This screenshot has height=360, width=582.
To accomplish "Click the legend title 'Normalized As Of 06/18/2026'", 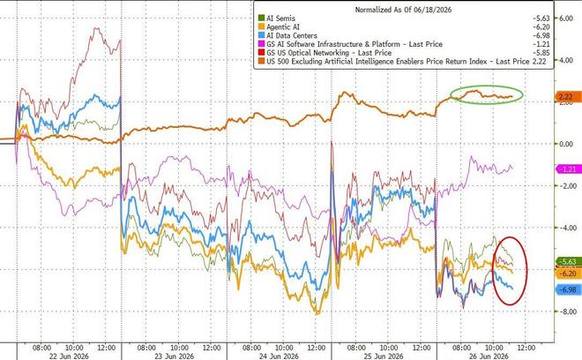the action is click(403, 10).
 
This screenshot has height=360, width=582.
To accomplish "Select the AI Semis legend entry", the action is click(280, 19).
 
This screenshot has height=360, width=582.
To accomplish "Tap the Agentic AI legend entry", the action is click(283, 27).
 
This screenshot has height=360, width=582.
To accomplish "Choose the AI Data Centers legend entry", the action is click(292, 35).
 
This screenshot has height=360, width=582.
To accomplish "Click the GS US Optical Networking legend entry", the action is click(329, 53).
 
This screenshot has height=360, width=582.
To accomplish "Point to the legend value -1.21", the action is click(541, 44).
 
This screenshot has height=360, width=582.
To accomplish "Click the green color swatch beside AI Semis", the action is click(261, 19).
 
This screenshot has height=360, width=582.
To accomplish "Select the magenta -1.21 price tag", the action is click(568, 169).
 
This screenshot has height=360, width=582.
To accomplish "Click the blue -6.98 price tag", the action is click(568, 289).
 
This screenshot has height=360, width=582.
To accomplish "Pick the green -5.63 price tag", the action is click(568, 262).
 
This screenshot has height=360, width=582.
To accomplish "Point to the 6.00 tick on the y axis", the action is click(565, 19).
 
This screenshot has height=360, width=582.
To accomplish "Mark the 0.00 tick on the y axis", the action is click(565, 144).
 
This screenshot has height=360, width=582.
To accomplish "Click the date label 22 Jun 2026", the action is click(69, 356).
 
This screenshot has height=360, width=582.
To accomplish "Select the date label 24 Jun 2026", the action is click(279, 356).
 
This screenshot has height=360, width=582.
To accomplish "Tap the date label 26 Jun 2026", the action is click(489, 356).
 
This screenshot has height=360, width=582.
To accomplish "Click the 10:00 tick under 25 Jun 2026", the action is click(389, 348).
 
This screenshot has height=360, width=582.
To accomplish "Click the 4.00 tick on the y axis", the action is click(565, 60).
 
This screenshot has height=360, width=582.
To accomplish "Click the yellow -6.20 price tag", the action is click(568, 274).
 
